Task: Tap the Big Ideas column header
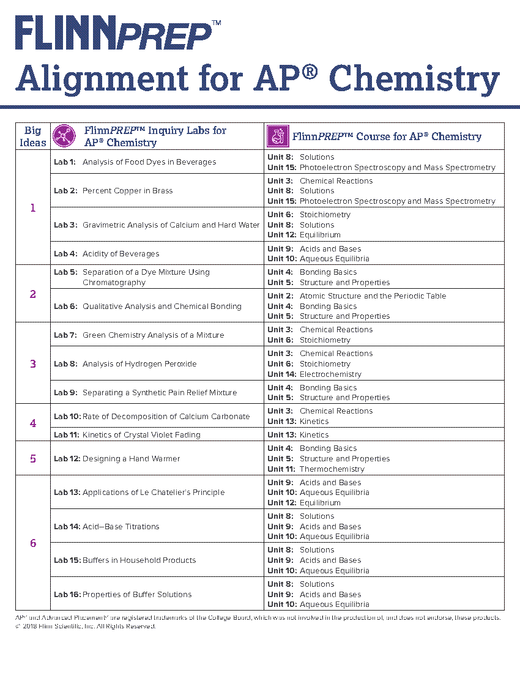point(33,136)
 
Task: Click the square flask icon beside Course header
point(278,136)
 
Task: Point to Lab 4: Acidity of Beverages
point(106,253)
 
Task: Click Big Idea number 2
point(33,294)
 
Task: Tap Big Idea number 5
point(33,458)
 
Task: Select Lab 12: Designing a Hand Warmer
point(117,458)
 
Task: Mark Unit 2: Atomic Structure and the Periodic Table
point(357,296)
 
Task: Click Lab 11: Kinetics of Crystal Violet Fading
point(127,434)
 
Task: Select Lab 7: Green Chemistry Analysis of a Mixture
point(139,335)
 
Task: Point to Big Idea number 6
point(33,543)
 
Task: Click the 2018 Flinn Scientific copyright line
point(86,627)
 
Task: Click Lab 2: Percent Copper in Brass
point(113,191)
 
